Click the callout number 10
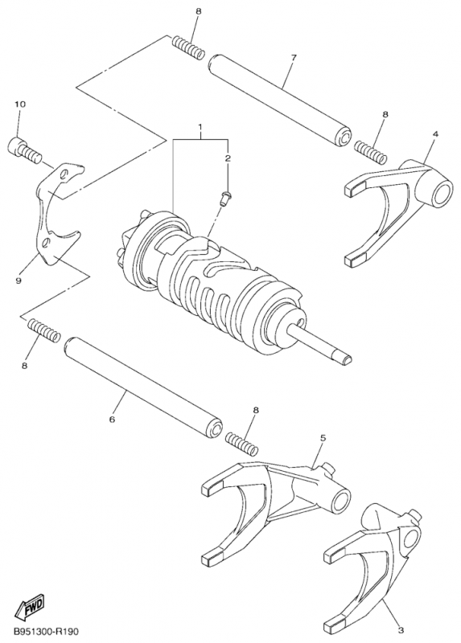20,105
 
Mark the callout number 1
200,128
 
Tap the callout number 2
227,159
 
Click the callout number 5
323,438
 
